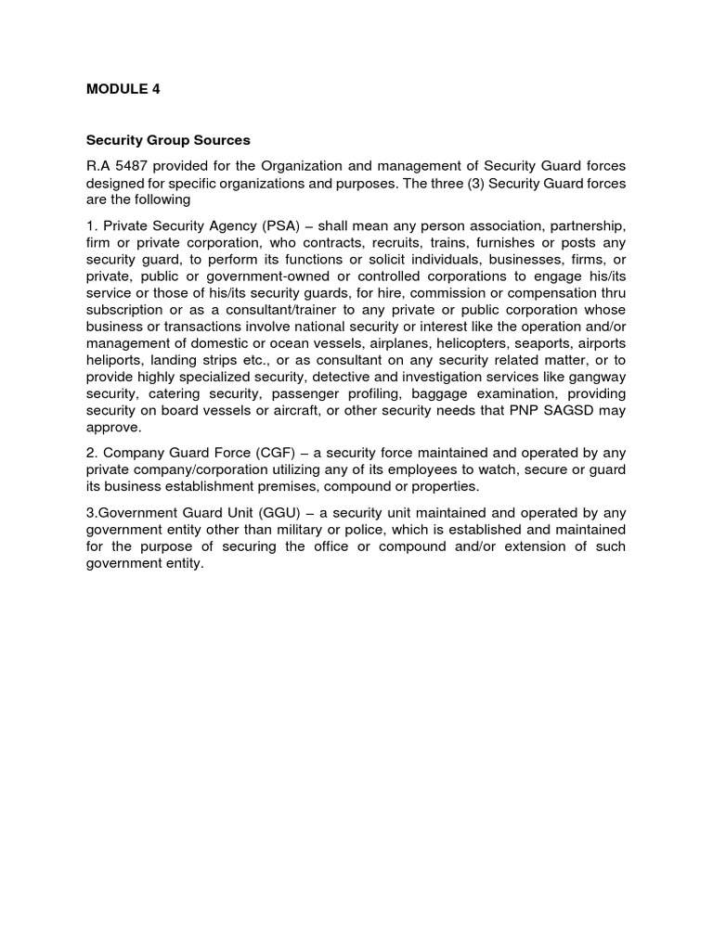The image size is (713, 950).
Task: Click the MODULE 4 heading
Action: click(117, 90)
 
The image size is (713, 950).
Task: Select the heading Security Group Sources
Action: click(168, 141)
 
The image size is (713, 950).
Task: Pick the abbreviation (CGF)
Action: click(273, 453)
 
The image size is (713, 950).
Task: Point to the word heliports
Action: click(115, 360)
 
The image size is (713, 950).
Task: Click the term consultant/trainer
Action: click(267, 310)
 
